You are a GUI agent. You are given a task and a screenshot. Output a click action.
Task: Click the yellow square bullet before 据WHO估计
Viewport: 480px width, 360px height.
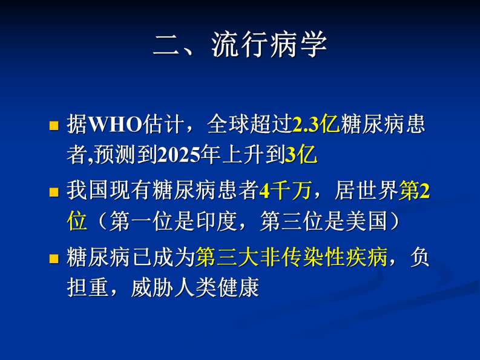point(53,126)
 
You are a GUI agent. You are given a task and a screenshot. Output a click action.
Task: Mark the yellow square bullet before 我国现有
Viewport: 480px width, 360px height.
point(53,192)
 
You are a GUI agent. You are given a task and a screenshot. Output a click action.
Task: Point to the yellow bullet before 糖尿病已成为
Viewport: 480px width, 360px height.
point(53,259)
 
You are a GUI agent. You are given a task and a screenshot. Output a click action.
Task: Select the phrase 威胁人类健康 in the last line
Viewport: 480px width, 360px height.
point(195,288)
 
